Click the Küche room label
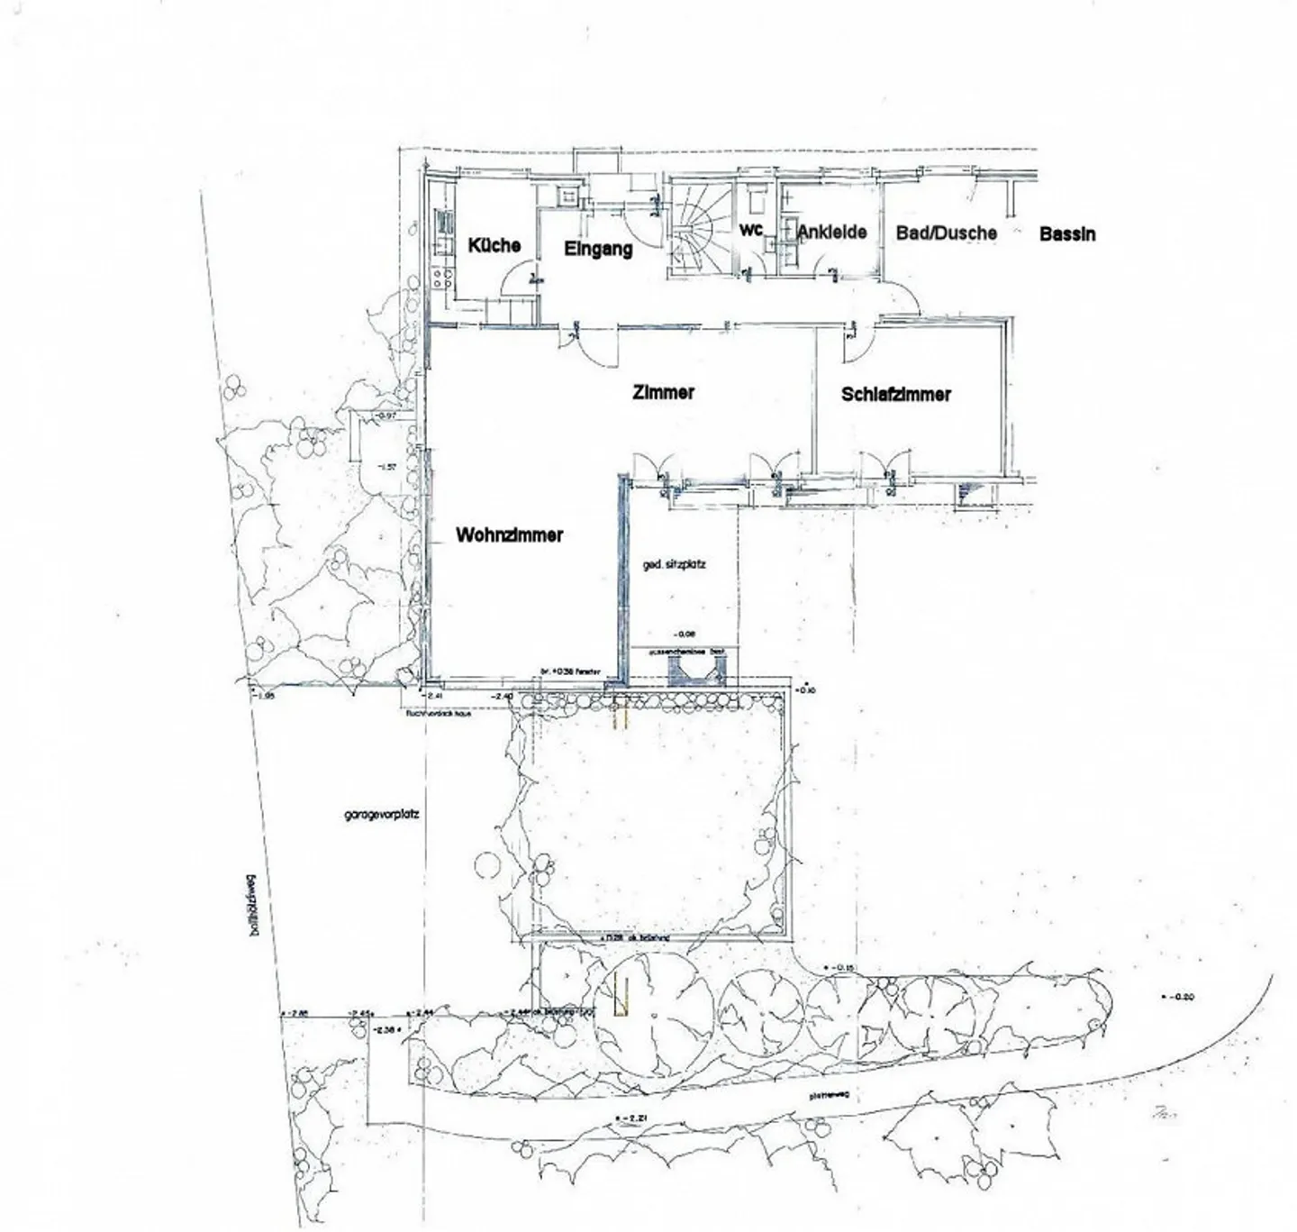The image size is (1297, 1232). click(x=494, y=244)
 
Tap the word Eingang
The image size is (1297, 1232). click(x=598, y=249)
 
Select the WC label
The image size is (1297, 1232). click(x=751, y=231)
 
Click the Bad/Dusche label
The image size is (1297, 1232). click(x=946, y=233)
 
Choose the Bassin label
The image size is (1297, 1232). click(x=1067, y=233)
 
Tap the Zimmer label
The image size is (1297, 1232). click(x=663, y=392)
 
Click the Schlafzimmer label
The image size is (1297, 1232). click(x=895, y=394)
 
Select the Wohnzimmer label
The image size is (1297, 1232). click(x=509, y=534)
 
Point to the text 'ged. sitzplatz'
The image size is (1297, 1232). click(x=674, y=564)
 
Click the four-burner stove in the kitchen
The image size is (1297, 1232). click(x=442, y=277)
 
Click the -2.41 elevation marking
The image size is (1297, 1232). click(x=435, y=696)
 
